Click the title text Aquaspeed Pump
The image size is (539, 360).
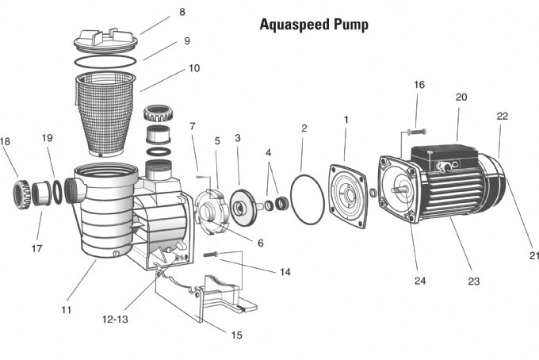[x=314, y=25]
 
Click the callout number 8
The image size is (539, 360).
[x=182, y=12]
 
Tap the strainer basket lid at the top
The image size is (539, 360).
[x=105, y=40]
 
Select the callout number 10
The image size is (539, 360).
[x=193, y=68]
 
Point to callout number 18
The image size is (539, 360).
[x=6, y=142]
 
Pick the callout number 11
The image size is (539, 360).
[x=67, y=309]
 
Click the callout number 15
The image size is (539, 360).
[x=236, y=335]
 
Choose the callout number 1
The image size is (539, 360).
[x=346, y=120]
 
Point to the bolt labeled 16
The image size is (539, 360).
[x=415, y=131]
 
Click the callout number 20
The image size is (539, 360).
[x=461, y=98]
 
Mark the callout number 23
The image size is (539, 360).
[x=473, y=280]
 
